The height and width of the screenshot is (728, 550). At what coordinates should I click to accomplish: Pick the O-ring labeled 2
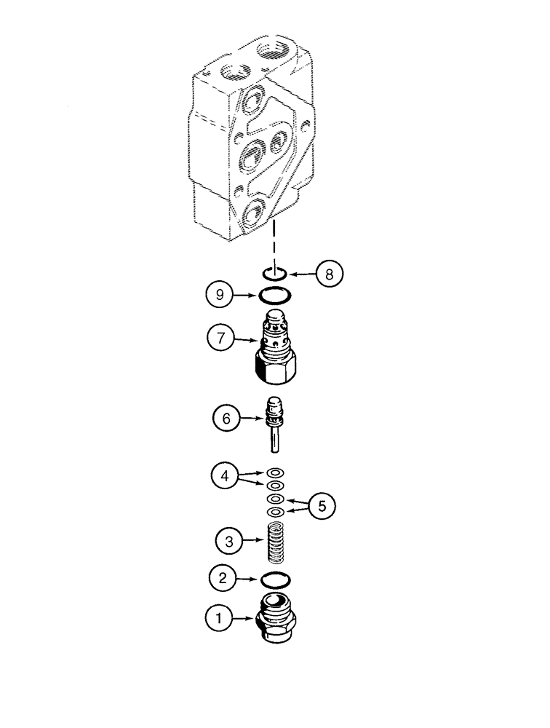[275, 580]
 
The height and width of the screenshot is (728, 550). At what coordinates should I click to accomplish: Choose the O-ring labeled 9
[275, 296]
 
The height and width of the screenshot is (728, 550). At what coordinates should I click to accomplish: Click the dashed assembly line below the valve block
[274, 243]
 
